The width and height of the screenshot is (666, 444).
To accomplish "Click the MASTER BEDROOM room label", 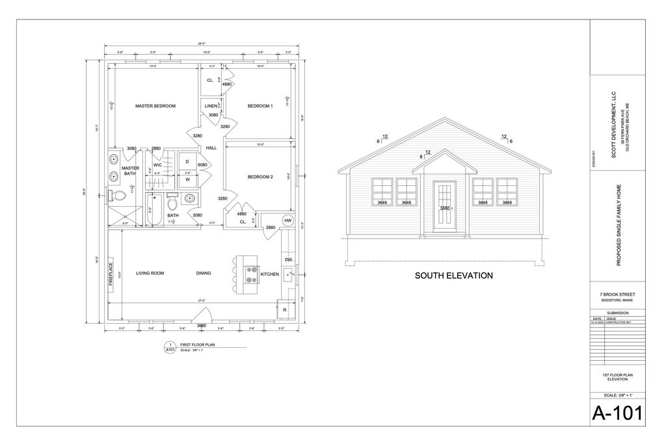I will click(155, 106).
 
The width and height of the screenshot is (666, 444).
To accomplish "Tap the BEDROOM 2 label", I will click(260, 177).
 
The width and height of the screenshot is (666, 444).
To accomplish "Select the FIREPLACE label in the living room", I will click(111, 273).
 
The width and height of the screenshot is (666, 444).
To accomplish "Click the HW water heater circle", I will click(288, 220).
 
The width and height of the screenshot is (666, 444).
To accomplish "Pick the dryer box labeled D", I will click(187, 161).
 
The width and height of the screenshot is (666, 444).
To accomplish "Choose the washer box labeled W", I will click(187, 179).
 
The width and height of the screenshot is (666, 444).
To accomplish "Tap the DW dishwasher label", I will click(288, 260).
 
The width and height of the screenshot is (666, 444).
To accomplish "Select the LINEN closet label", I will click(211, 106).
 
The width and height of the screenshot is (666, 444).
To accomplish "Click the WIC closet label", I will click(157, 164).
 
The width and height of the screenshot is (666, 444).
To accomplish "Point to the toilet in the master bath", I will click(117, 195).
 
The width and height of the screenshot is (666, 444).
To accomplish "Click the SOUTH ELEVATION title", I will click(453, 276).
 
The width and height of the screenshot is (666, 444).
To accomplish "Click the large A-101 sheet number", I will click(617, 412).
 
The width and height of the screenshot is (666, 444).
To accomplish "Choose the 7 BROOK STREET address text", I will click(617, 294).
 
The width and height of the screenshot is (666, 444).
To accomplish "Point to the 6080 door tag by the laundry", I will click(202, 165).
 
